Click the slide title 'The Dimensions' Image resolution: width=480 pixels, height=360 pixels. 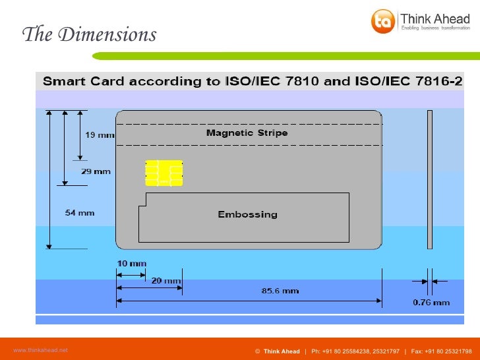coord(89,34)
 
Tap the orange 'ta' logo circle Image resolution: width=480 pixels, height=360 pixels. coord(382,21)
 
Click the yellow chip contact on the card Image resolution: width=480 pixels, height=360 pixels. coord(164,173)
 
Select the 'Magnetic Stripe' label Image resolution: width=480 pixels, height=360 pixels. coord(247,133)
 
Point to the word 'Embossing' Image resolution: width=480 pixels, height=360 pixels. coord(247,214)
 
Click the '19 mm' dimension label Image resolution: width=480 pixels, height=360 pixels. coord(100,135)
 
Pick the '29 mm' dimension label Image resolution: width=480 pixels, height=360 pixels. coord(96,171)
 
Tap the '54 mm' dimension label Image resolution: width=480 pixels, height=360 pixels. coord(80,212)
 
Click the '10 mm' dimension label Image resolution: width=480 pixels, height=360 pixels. coord(131,263)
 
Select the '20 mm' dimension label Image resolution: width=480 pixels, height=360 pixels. coord(165,281)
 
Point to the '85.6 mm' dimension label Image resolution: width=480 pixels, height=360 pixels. coord(281,290)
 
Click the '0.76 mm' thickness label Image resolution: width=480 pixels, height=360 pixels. coord(431,303)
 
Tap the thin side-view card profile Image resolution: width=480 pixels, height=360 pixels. coord(430,179)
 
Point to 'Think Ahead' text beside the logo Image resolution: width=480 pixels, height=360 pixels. coord(435,18)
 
